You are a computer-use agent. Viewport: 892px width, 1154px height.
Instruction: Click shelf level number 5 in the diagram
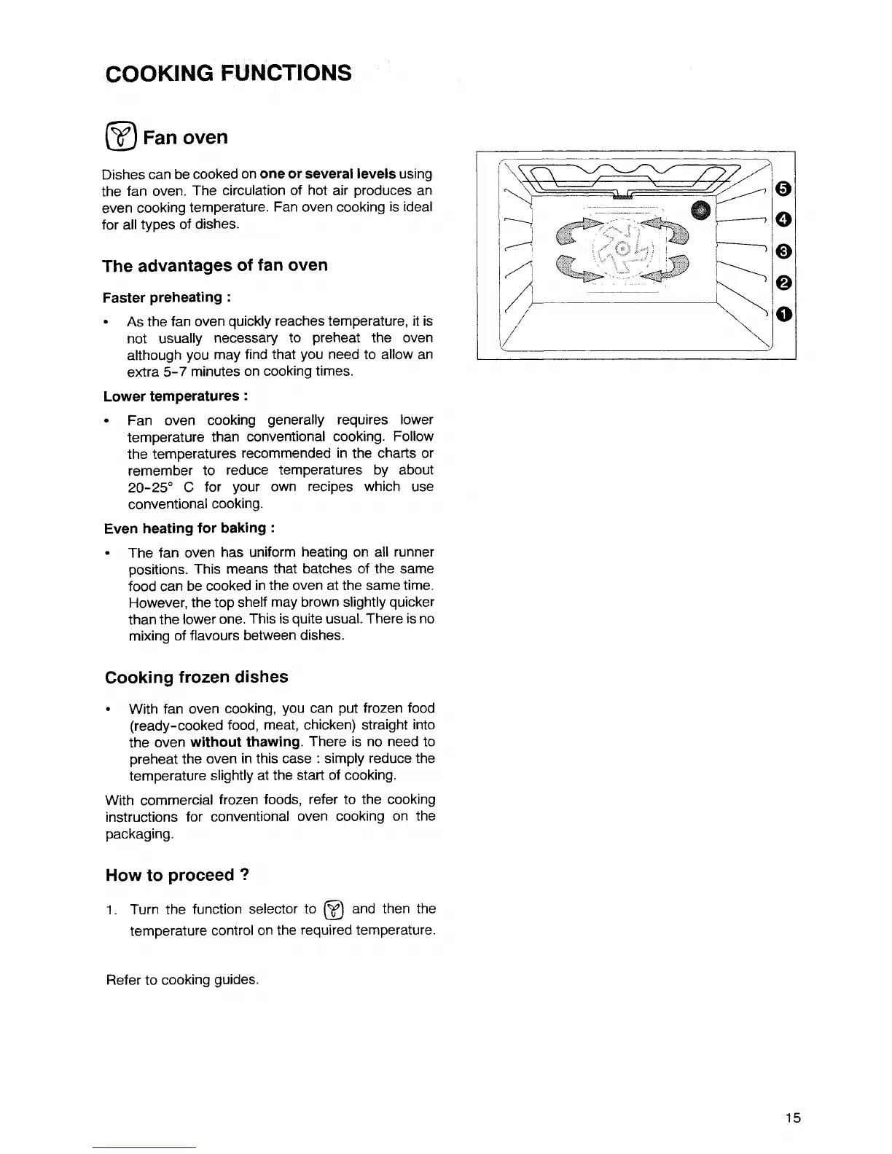pos(783,189)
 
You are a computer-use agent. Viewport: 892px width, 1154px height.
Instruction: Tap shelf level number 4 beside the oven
pos(783,219)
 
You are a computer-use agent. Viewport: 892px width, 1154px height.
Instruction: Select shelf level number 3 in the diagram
pos(783,251)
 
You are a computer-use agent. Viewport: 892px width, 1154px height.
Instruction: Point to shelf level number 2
pos(783,282)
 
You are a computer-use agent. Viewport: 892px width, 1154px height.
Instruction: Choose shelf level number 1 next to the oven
pos(783,314)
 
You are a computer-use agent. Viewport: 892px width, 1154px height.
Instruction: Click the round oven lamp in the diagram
pos(701,209)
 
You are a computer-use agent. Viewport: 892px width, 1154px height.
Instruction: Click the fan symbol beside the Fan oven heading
pos(121,137)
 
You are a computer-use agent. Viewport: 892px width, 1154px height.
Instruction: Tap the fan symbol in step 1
pos(333,909)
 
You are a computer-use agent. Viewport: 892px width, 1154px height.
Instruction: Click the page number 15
pos(794,1118)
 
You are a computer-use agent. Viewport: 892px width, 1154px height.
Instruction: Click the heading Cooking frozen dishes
pos(197,677)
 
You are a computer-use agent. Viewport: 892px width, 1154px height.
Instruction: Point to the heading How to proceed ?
pos(178,875)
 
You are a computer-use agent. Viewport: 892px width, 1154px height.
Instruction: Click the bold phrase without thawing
pos(245,742)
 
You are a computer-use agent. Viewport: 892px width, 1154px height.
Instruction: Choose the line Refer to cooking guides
pos(182,980)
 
